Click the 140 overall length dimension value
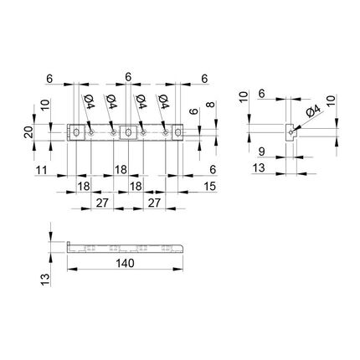coord(125,263)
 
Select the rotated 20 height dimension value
coord(28,132)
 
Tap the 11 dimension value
coord(41,170)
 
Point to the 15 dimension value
coord(210,186)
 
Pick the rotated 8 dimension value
coord(211,105)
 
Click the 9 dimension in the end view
coord(261,152)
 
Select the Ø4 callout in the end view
coord(313,111)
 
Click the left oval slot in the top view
coord(76,132)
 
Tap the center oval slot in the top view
coord(128,132)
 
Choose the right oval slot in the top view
coord(177,132)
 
